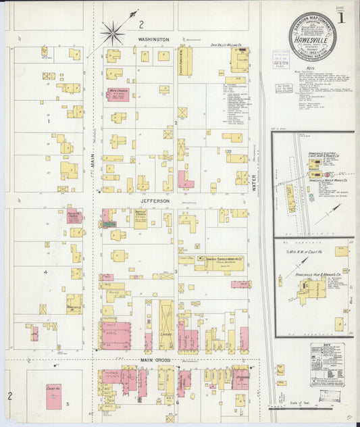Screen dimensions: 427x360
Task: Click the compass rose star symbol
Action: click(x=113, y=30)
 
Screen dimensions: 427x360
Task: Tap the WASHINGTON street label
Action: click(x=153, y=40)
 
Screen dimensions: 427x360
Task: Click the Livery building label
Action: click(x=165, y=333)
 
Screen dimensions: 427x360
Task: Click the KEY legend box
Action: click(x=327, y=364)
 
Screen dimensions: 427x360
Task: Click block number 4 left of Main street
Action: click(x=46, y=272)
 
